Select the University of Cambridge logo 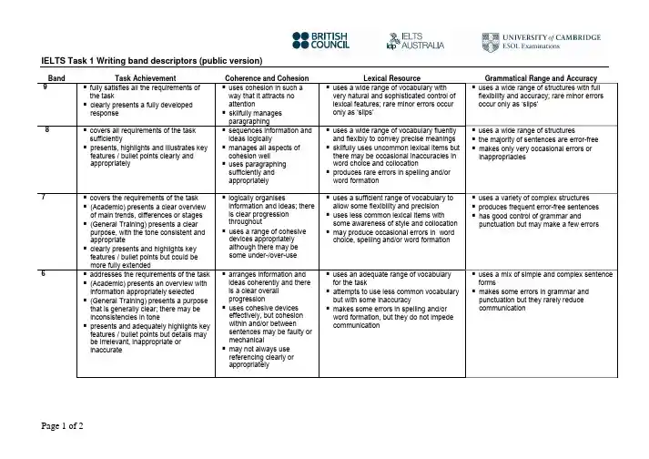pyautogui.click(x=541, y=40)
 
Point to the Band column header pyautogui.click(x=56, y=78)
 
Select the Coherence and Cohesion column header pyautogui.click(x=268, y=78)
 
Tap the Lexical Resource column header pyautogui.click(x=390, y=78)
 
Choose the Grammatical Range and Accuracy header pyautogui.click(x=543, y=78)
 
